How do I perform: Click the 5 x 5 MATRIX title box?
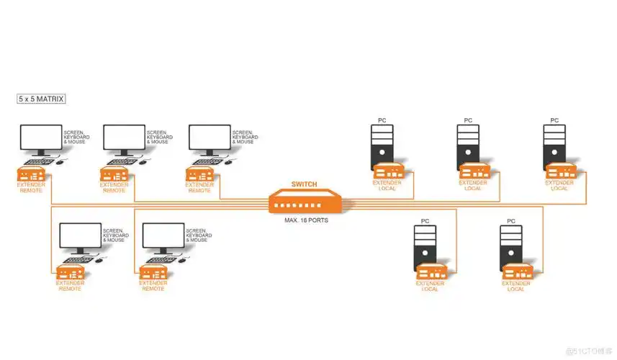[41, 99]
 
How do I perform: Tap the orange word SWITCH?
[304, 185]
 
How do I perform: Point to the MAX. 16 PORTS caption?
[306, 220]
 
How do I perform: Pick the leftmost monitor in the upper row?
[41, 138]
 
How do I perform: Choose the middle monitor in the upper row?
[124, 138]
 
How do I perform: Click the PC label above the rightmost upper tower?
[554, 120]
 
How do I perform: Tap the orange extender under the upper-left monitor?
[33, 174]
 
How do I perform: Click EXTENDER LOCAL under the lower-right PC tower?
[516, 286]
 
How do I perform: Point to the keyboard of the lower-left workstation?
[75, 259]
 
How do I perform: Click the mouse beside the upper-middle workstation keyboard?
[142, 161]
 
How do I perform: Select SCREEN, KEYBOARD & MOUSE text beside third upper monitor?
[243, 137]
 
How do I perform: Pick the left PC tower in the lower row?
[425, 246]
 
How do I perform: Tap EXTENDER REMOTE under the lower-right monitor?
[153, 286]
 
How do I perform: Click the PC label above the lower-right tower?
[510, 220]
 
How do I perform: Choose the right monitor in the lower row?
[163, 237]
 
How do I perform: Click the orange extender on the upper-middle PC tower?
[473, 172]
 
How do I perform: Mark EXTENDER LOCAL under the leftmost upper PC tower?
[387, 185]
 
